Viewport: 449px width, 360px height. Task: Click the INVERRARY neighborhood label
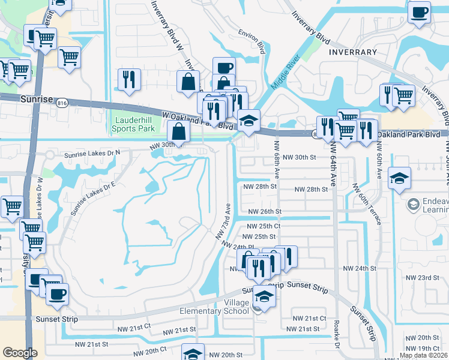tap(353, 52)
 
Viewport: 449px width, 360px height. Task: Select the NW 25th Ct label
tap(265, 226)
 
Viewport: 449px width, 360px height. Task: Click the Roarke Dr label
tap(337, 339)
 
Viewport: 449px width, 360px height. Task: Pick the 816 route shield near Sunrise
tap(61, 103)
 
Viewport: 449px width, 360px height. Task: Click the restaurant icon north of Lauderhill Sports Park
tap(129, 79)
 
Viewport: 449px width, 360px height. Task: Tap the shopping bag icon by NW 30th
tap(179, 131)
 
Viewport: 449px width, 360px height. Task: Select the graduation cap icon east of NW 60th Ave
tap(399, 178)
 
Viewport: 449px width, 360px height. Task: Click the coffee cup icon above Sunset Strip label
tap(58, 293)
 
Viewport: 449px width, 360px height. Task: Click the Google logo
tap(20, 353)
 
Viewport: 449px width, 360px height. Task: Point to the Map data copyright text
tap(423, 355)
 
